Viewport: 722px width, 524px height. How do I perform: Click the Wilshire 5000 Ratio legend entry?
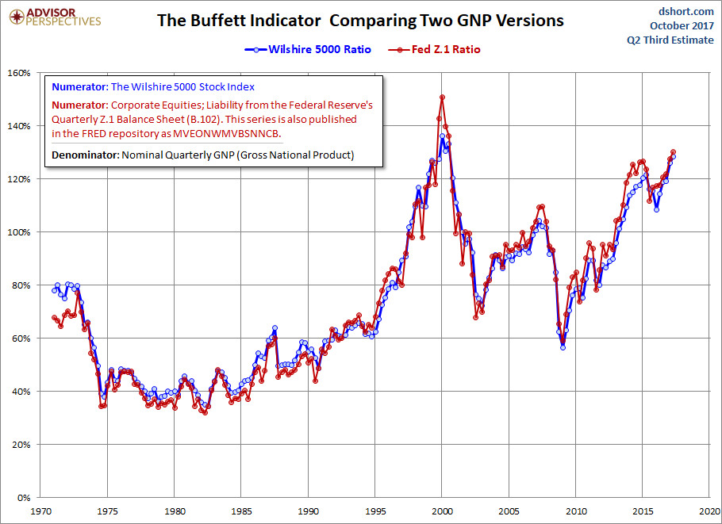click(x=308, y=49)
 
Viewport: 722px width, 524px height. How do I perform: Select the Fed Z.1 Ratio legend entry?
click(x=434, y=49)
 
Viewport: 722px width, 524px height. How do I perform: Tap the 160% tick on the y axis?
click(x=19, y=73)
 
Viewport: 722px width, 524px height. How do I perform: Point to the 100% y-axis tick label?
click(x=19, y=232)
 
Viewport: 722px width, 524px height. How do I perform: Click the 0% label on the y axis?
click(x=24, y=498)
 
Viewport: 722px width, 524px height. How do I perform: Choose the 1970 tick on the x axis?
click(x=40, y=511)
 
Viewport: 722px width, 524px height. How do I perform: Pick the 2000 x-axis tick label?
click(x=442, y=511)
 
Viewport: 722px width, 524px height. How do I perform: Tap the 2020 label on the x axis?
click(x=709, y=511)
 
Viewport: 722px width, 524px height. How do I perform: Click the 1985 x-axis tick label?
click(x=241, y=511)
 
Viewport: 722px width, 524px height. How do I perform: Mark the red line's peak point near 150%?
click(x=442, y=97)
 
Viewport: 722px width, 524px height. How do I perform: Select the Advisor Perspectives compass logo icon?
click(x=17, y=17)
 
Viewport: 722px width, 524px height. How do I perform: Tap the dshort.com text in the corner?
click(x=686, y=11)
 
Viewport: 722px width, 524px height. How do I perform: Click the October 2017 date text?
click(x=682, y=25)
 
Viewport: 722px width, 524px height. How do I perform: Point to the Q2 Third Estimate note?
click(x=670, y=40)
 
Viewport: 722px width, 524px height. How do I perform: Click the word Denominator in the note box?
click(x=85, y=155)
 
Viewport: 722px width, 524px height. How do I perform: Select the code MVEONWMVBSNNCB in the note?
click(x=227, y=134)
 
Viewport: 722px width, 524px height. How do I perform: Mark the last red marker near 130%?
click(x=673, y=152)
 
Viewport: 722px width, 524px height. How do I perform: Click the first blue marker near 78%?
click(x=54, y=290)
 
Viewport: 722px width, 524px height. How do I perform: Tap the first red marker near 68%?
click(x=54, y=317)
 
